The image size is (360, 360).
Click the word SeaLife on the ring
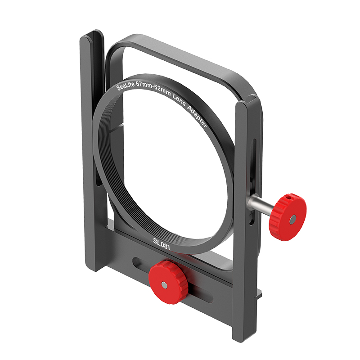pyautogui.click(x=127, y=84)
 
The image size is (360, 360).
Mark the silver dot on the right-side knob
pyautogui.click(x=292, y=220)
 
